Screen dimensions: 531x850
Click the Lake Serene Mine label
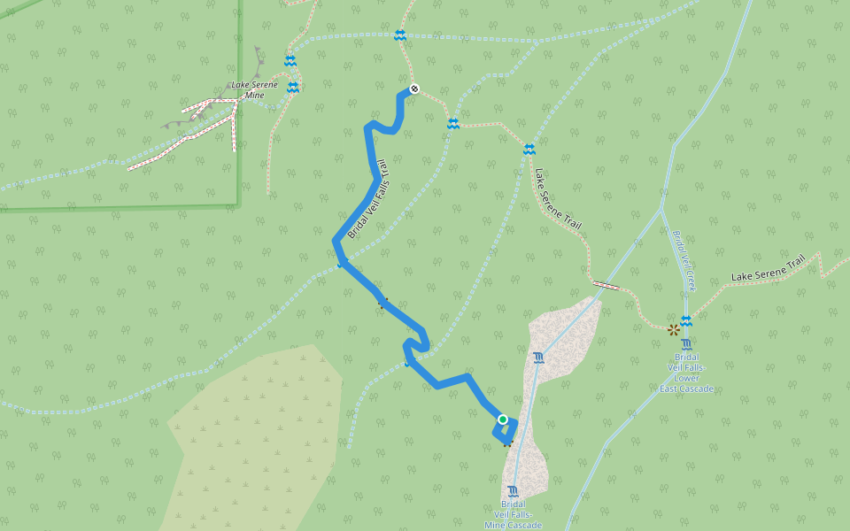[254, 89]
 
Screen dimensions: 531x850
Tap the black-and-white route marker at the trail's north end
[413, 88]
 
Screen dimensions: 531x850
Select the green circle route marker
[503, 419]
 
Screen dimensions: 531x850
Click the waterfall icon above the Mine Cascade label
[514, 491]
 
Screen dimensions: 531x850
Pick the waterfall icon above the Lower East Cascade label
[687, 345]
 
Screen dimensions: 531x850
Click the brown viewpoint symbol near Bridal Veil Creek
[674, 330]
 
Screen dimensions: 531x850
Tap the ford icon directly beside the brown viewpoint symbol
[686, 321]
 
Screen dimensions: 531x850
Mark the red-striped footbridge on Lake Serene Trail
[607, 285]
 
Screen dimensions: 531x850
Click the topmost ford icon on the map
[400, 35]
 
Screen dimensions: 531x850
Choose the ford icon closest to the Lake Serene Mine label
[292, 87]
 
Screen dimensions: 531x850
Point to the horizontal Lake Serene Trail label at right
[769, 270]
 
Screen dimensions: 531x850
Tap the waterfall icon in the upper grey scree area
[539, 358]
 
